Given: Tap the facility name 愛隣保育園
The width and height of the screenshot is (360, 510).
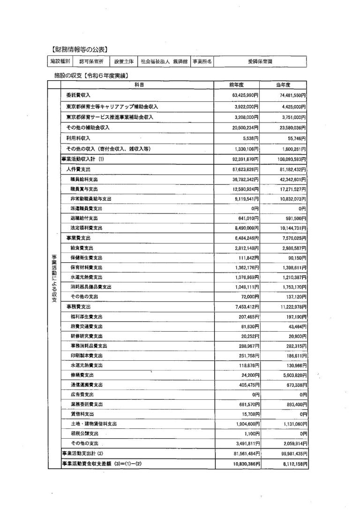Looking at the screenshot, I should (260, 61).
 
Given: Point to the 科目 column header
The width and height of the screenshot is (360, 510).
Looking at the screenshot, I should (139, 85).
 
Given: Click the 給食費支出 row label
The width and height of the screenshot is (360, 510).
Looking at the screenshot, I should (82, 247).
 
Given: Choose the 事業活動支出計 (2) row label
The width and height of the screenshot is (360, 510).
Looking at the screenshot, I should (82, 453).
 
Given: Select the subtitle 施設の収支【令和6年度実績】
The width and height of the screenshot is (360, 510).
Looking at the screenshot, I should (91, 75).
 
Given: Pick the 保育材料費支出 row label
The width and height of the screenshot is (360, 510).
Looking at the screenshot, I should (86, 267).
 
